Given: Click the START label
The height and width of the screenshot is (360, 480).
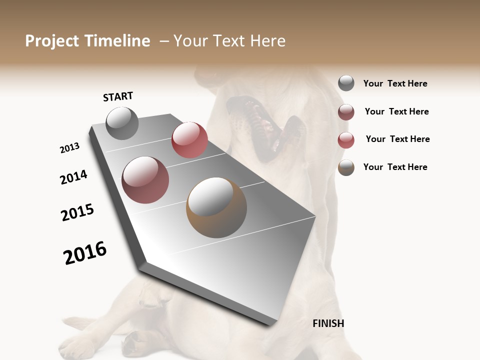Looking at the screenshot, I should point(118,96).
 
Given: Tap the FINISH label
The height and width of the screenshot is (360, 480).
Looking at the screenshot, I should point(328,323).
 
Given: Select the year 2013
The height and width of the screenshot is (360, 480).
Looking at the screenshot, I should point(69,148).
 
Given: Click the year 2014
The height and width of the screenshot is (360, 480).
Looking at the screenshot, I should point(73,177).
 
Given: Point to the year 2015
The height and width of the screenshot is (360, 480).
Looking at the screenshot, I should point(77,212).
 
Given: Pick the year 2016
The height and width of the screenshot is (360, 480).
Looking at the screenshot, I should point(85,253).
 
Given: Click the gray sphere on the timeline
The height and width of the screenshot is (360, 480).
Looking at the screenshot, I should point(122,123).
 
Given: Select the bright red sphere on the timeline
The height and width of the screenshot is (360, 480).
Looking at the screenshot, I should point(189,140).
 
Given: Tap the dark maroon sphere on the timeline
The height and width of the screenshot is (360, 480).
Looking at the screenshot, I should point(145,180).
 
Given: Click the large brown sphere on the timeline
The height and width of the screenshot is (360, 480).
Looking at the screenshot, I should point(216,207).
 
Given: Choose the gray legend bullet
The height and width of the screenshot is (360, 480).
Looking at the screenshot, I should point(346,83).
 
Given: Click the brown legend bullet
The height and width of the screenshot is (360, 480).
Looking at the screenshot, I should point(346,167).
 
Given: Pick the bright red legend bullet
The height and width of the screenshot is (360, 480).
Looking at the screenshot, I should point(346,140).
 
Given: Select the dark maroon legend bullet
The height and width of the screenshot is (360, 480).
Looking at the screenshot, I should point(346,112).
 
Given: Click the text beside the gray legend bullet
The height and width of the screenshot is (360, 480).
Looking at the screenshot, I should point(395,83).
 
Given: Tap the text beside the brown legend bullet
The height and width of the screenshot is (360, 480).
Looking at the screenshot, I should point(395,167).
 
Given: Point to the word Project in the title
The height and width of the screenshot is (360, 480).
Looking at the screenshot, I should point(52,41).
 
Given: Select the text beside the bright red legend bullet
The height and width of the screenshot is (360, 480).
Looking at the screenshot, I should point(397,139).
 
